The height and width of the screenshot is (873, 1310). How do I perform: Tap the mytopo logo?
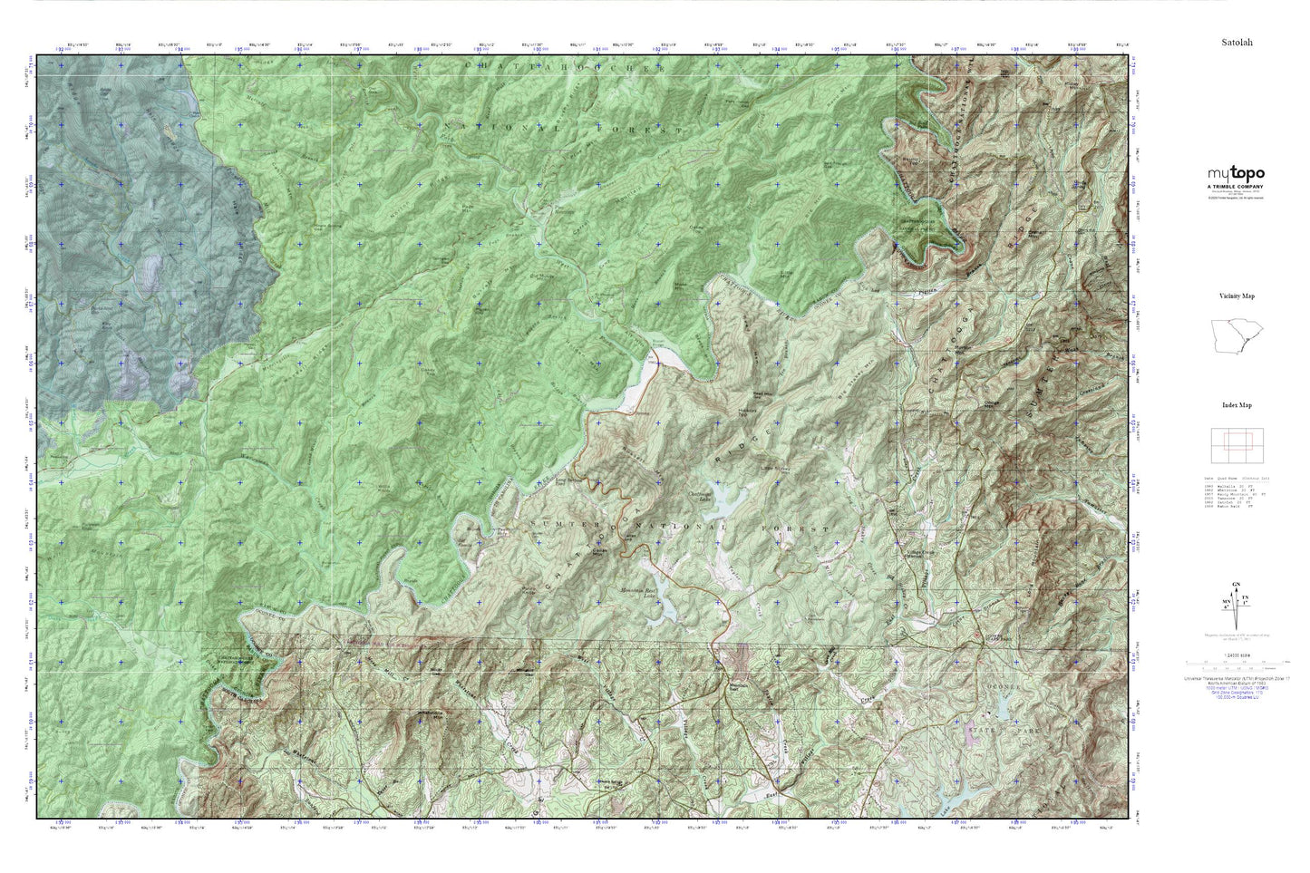pos(1235,174)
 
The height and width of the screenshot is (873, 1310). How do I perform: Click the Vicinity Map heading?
pos(1236,296)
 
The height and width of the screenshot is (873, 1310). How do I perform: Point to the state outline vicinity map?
pos(1236,336)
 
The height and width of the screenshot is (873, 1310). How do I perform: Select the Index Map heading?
pos(1236,405)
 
